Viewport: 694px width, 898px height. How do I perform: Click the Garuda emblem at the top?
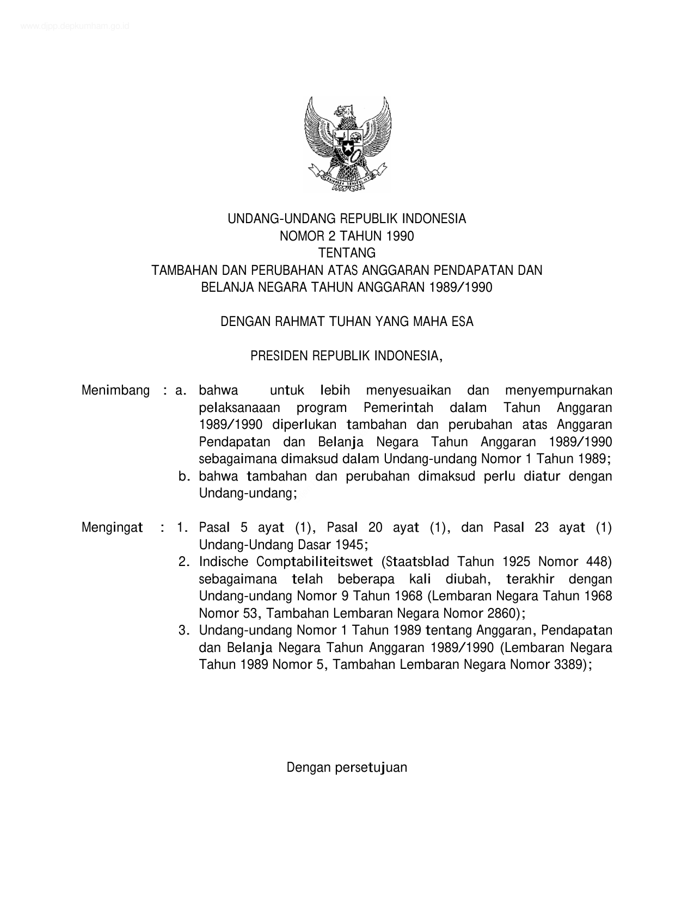click(x=347, y=143)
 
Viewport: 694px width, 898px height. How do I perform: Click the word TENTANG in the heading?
click(x=347, y=253)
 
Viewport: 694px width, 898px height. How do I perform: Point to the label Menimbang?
click(x=115, y=390)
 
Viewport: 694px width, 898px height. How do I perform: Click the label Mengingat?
click(x=112, y=527)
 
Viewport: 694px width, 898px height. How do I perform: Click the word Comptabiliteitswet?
click(x=315, y=562)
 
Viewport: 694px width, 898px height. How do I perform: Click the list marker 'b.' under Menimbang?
click(x=185, y=476)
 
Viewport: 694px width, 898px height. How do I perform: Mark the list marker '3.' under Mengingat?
click(x=184, y=630)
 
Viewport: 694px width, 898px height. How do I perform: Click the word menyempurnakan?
click(x=558, y=390)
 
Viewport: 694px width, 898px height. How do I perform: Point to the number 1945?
click(x=352, y=545)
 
